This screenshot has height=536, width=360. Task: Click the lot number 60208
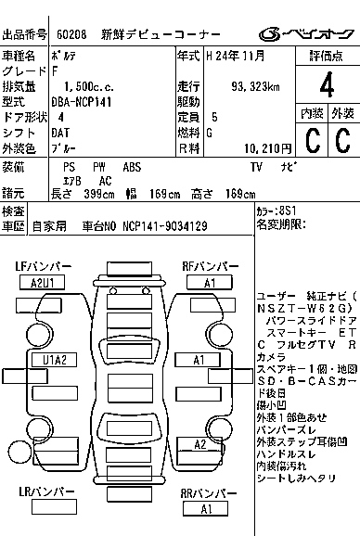(71, 35)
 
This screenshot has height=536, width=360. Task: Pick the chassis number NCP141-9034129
(163, 225)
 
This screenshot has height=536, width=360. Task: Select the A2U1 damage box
(48, 283)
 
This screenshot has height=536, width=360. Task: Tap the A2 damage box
(199, 445)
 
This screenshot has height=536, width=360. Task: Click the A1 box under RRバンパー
(207, 509)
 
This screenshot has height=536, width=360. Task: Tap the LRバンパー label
(45, 494)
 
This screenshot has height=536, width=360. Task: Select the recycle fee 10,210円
(266, 147)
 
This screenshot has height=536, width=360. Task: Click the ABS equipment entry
(133, 167)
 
